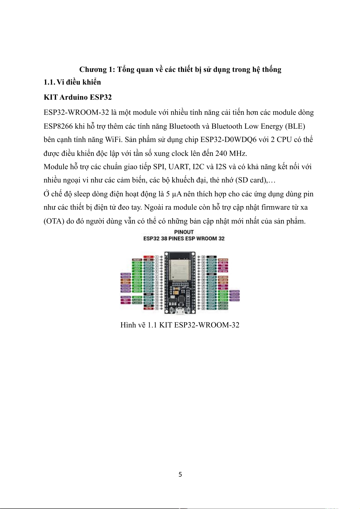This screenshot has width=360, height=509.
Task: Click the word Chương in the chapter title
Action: pyautogui.click(x=93, y=70)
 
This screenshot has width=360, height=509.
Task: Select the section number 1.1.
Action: pyautogui.click(x=49, y=82)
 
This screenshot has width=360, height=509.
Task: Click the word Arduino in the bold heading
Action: pyautogui.click(x=73, y=97)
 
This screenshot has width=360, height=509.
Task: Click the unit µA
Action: pyautogui.click(x=177, y=194)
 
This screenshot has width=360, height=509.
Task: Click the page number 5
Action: pyautogui.click(x=180, y=475)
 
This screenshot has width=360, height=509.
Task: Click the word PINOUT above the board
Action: pyautogui.click(x=184, y=232)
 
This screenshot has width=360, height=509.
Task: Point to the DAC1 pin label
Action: pyautogui.click(x=125, y=280)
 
